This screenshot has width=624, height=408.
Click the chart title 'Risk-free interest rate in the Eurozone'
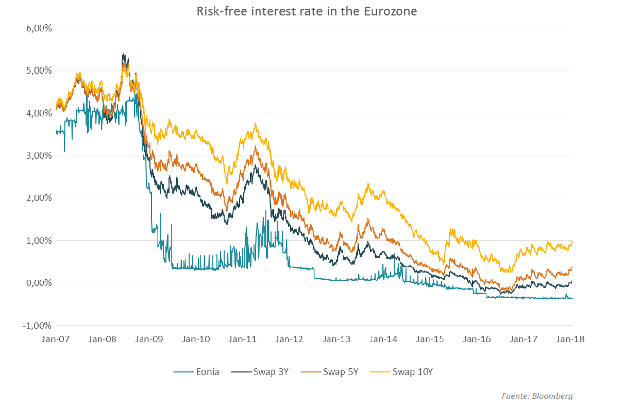click(307, 11)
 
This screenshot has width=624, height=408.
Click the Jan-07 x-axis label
click(55, 339)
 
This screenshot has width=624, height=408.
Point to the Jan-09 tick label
click(149, 339)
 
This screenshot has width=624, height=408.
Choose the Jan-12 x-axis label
click(291, 339)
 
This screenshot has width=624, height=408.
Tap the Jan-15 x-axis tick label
click(431, 339)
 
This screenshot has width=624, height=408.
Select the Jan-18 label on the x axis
click(572, 339)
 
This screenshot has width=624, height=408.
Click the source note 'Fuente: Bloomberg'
click(537, 396)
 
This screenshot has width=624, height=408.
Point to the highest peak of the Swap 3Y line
click(124, 54)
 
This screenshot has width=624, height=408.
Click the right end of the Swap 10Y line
click(572, 242)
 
